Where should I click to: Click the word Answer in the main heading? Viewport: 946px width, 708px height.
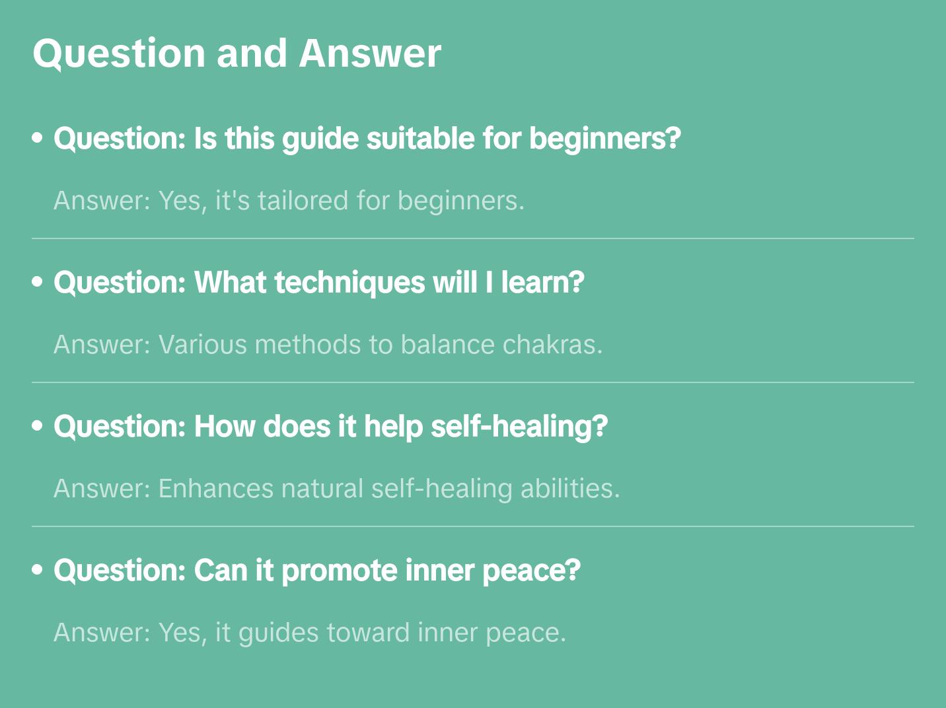pos(370,53)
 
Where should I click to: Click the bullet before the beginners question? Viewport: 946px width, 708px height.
pos(38,138)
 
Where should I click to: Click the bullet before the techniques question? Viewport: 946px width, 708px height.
pos(38,282)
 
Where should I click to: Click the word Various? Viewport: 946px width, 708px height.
pos(202,345)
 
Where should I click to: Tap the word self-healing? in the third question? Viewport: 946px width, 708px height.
pos(519,427)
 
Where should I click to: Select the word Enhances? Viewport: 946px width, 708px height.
pos(215,489)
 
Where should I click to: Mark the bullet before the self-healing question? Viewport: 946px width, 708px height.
pos(38,426)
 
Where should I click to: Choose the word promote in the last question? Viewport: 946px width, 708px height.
pos(339,571)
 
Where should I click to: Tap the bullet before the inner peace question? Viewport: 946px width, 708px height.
pos(38,570)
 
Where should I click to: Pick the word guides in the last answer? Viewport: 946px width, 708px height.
pos(278,633)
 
